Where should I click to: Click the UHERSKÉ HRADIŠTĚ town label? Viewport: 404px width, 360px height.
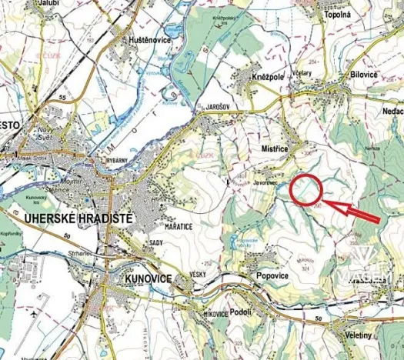(x=68, y=219)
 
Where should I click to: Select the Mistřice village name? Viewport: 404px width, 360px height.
(x=275, y=143)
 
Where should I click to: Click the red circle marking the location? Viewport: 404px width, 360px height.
(x=306, y=190)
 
